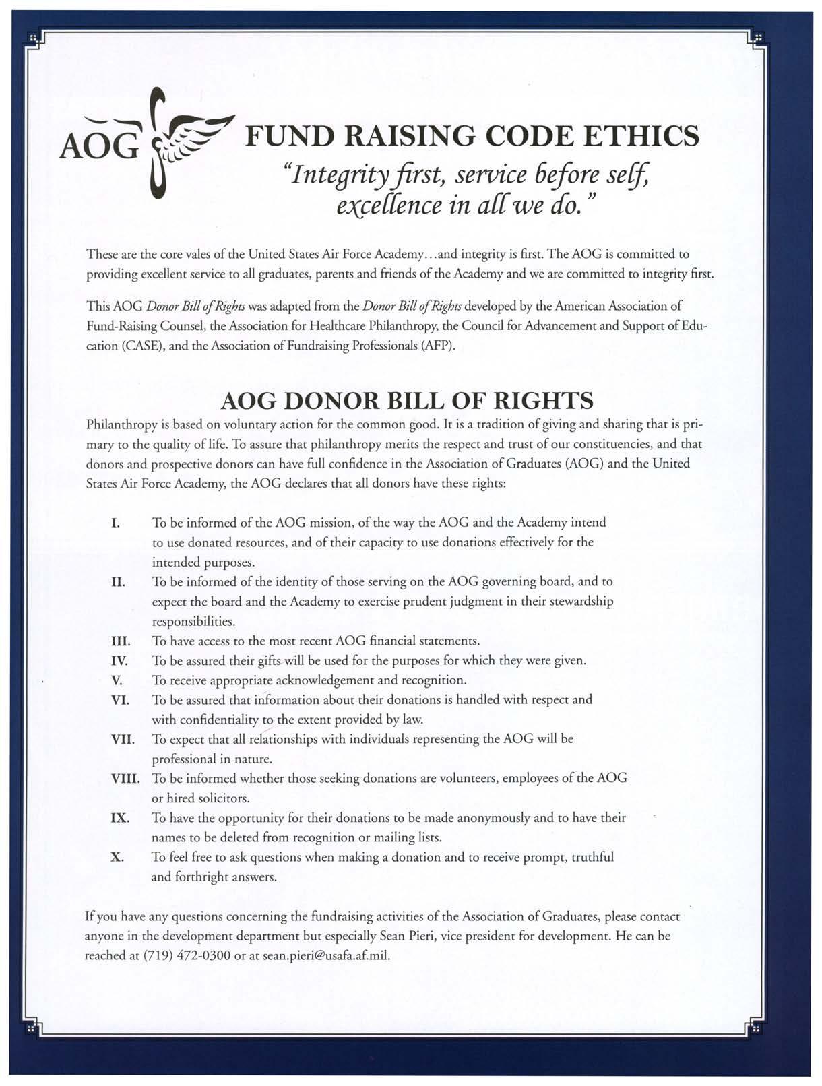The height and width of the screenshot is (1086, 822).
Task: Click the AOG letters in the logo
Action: [99, 142]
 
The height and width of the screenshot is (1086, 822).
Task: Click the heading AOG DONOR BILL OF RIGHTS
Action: [407, 402]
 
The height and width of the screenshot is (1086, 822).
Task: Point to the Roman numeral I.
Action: [115, 523]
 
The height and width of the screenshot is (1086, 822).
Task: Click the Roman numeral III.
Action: [121, 641]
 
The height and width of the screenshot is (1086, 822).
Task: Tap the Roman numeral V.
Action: [117, 680]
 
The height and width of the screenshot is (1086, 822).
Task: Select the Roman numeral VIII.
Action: [125, 779]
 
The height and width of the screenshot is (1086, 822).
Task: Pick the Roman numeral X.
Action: [117, 858]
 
